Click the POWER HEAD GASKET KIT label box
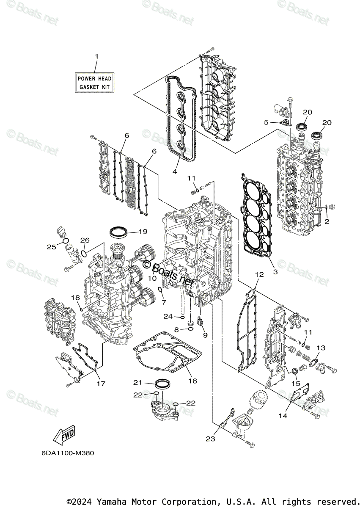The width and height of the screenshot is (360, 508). pos(94,83)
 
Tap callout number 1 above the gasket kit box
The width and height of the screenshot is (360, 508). pos(96,56)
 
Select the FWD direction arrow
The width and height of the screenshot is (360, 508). pos(63,435)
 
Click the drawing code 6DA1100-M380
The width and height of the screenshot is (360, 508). pos(68,453)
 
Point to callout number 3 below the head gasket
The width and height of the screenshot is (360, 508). pos(275,271)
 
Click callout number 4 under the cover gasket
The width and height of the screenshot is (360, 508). pos(174,171)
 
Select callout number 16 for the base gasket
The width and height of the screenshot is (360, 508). pos(192,381)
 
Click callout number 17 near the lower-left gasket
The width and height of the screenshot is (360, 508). pos(100,384)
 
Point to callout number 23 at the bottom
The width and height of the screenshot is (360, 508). pos(210,439)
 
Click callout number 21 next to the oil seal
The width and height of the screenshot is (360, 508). pos(137,382)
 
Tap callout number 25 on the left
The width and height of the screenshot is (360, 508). pos(52,247)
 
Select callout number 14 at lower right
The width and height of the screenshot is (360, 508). pos(283,416)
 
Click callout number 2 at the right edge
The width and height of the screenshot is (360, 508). pos(327,221)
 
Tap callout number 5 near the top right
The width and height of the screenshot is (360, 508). pos(266,122)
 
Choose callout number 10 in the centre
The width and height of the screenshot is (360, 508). pos(152,278)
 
